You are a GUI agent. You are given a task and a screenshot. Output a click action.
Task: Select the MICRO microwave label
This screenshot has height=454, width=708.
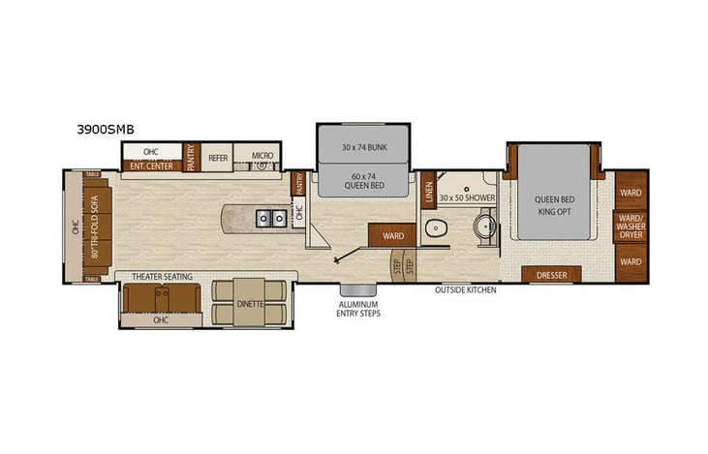(x=262, y=155)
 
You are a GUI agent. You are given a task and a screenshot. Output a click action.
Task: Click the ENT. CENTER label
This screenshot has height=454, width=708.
(x=151, y=166)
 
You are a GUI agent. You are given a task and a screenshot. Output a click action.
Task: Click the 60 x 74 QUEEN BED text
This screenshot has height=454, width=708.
(x=362, y=180)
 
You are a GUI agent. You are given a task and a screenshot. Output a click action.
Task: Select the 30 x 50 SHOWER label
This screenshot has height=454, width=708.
(x=467, y=197)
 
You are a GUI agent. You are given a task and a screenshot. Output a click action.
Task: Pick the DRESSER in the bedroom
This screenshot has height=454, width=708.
(x=550, y=275)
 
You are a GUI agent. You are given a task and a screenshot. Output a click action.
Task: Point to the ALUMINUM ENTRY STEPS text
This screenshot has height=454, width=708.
(x=358, y=309)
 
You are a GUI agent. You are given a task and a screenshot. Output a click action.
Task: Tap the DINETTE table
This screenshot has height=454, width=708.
(x=250, y=303)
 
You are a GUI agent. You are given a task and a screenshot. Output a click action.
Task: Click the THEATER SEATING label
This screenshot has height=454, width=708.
(x=160, y=277)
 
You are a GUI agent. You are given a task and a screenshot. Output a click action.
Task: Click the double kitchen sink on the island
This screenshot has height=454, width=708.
(x=270, y=218)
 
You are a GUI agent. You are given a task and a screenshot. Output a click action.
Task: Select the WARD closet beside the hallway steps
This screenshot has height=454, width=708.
(x=392, y=234)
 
